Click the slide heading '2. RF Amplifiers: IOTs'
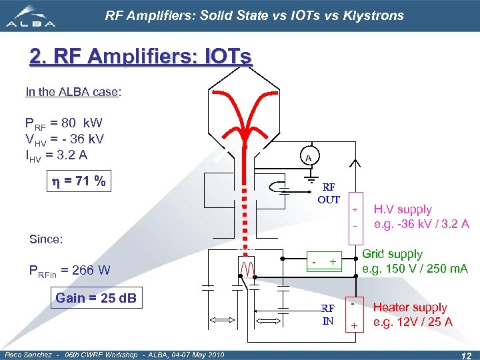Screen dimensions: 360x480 pos(141,57)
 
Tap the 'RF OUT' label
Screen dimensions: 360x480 pos(328,194)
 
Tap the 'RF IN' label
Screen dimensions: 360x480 pos(328,314)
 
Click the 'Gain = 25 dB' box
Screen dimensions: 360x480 pos(95,298)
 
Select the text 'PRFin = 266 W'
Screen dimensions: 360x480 pos(69,270)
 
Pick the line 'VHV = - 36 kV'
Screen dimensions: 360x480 pos(64,139)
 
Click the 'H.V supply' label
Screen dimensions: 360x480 pos(403,209)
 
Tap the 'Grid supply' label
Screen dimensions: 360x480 pos(392,254)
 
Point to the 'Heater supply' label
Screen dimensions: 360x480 pos(410,307)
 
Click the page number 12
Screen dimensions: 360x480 pos(466,354)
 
